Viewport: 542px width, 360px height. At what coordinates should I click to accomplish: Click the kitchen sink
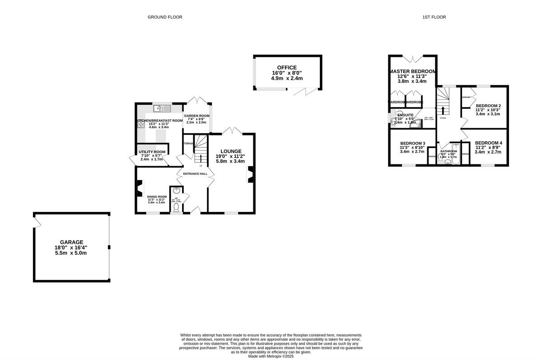click(161, 108)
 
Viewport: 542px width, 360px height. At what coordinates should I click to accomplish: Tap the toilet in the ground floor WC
click(177, 207)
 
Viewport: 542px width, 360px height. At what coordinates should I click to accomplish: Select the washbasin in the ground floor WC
click(177, 191)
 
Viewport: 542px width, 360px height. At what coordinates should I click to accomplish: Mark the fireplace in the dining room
click(140, 188)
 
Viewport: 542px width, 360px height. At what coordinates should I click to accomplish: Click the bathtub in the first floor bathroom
click(454, 156)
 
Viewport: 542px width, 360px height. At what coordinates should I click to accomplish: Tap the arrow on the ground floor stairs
click(201, 158)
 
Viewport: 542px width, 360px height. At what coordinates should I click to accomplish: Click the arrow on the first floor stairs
click(443, 110)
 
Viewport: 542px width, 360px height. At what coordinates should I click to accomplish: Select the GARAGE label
click(72, 242)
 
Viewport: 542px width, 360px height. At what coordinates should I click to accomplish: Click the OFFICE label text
click(287, 68)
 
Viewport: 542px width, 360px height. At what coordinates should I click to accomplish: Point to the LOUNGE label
click(231, 151)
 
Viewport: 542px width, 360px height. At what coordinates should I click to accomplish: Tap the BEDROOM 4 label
click(488, 143)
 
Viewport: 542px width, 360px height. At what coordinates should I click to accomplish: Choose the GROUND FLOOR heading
click(165, 17)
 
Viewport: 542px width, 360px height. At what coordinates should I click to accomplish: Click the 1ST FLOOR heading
click(434, 17)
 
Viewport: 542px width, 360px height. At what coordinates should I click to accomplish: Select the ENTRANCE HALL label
click(195, 173)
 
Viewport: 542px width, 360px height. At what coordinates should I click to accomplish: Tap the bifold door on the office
click(299, 92)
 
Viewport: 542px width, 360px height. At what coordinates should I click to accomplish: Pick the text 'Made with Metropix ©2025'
click(271, 356)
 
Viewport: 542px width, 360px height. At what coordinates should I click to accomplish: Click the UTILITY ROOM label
click(152, 152)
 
